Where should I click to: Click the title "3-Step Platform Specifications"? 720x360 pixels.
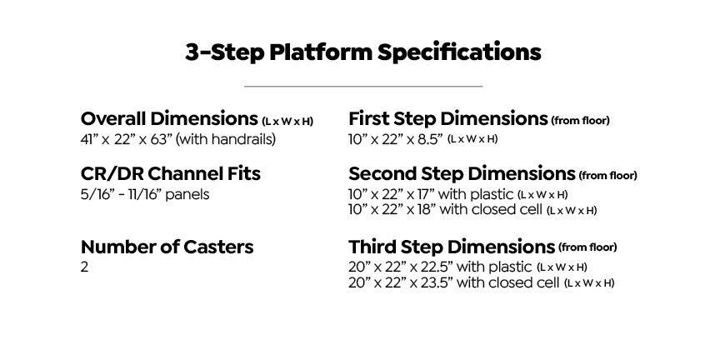362,52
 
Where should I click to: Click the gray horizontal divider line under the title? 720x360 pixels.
363,86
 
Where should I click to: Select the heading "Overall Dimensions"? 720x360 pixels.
169,119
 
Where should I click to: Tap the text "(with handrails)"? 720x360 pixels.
226,140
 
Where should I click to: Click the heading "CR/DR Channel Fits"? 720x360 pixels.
170,173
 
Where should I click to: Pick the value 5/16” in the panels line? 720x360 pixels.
94,194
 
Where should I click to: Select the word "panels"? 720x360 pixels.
187,195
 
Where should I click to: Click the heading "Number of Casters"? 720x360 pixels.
167,247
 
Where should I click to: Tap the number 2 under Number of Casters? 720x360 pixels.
84,267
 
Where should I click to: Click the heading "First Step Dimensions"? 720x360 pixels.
448,119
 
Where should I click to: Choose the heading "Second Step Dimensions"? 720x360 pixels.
462,173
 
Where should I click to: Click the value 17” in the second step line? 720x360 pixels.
426,194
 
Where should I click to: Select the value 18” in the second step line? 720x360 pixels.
426,210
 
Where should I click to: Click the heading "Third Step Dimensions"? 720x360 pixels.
452,247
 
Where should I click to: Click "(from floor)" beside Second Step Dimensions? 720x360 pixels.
608,176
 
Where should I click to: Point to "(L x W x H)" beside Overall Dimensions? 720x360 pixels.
287,122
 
